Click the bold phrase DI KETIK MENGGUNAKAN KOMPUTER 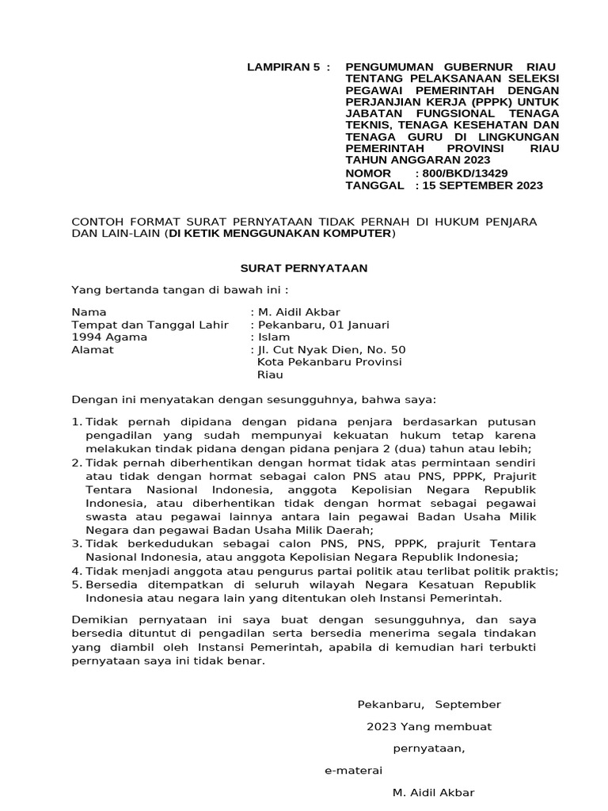pyautogui.click(x=279, y=234)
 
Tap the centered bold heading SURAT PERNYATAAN pyautogui.click(x=304, y=268)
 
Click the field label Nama pyautogui.click(x=89, y=312)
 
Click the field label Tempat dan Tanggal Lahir pyautogui.click(x=150, y=325)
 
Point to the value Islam pyautogui.click(x=275, y=337)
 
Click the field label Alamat pyautogui.click(x=93, y=350)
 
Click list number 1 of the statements pyautogui.click(x=76, y=421)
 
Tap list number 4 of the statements pyautogui.click(x=76, y=571)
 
